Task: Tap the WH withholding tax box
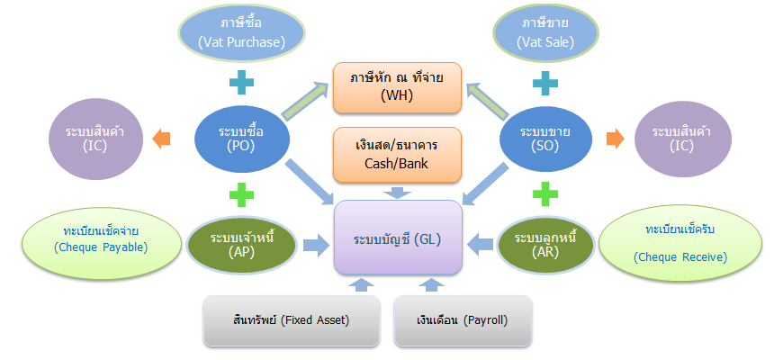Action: click(x=396, y=87)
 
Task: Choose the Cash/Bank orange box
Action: click(x=396, y=153)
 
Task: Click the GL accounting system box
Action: click(x=398, y=238)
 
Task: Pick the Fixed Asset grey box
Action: click(x=288, y=319)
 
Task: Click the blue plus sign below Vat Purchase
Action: click(x=241, y=84)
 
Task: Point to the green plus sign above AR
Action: click(x=543, y=193)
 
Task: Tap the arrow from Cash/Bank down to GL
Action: click(x=397, y=191)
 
